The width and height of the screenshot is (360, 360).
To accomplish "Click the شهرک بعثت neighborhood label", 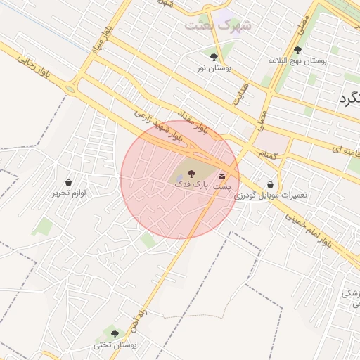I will click(220, 25).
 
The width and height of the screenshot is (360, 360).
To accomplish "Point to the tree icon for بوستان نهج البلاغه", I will click(297, 50).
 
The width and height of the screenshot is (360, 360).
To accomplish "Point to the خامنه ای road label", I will click(345, 148).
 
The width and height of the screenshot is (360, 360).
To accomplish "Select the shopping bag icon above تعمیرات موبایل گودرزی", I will click(271, 184).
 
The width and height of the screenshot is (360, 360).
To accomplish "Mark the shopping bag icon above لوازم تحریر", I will click(68, 182).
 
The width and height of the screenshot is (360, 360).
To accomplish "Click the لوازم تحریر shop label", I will click(68, 193).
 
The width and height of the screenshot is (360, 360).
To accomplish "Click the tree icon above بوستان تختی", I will click(115, 334).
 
